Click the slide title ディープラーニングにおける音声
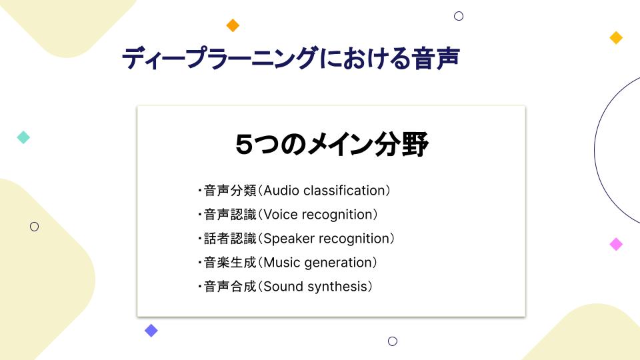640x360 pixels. pos(291,58)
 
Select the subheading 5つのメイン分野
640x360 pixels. pos(331,145)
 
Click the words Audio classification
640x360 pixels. pos(325,191)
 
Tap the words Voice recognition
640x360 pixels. pos(318,215)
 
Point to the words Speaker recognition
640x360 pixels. pos(327,239)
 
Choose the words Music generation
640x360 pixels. pos(317,263)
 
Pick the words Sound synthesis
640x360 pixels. pos(315,287)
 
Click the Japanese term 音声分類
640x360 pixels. pos(230,191)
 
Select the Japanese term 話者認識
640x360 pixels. pos(230,239)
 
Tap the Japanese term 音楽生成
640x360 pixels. pos(230,263)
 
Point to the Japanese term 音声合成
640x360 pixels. pos(230,287)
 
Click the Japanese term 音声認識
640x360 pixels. pos(230,215)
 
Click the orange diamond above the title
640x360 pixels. pos(233,25)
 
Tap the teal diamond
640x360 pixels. pos(23,137)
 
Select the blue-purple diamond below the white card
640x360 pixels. pos(151,331)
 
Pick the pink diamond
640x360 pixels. pos(616,244)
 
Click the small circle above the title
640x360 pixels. pos(459,11)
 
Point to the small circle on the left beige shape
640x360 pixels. pos(34,222)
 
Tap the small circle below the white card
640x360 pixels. pos(393,337)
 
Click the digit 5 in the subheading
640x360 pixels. pos(244,145)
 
